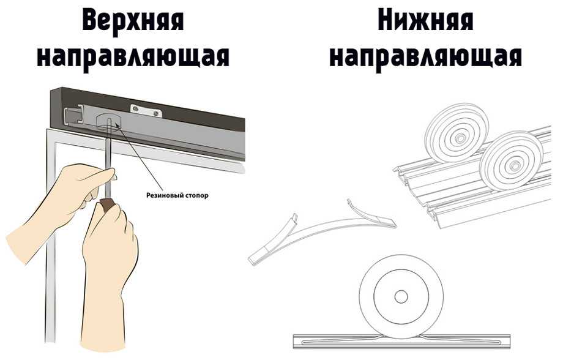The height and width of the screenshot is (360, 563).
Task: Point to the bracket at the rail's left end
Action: tap(73, 114)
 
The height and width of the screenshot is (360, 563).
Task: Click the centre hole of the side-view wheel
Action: tap(401, 296)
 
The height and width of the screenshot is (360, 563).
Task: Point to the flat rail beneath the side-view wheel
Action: tap(401, 340)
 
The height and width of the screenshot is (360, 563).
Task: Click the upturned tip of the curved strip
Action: tap(352, 204)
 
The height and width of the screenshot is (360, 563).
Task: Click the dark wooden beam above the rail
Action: tap(184, 107)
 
